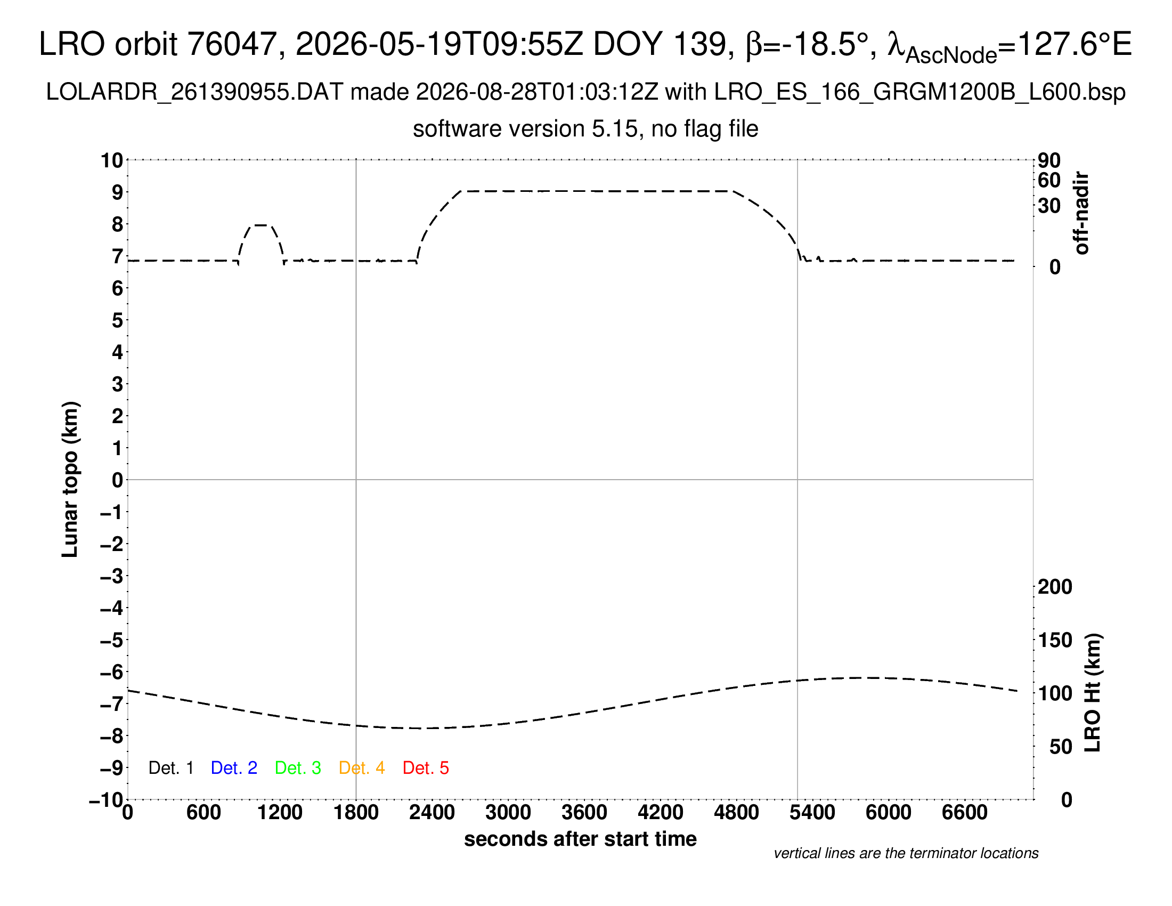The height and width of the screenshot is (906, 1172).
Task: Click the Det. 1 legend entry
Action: click(x=170, y=768)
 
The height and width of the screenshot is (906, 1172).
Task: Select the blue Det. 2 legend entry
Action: click(x=234, y=768)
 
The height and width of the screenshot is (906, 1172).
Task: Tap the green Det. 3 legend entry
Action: click(x=298, y=768)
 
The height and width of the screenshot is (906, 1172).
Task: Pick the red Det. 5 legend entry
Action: click(x=426, y=768)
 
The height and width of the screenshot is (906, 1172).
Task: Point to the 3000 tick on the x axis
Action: click(x=508, y=813)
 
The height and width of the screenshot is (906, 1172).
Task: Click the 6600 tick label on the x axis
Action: click(x=965, y=813)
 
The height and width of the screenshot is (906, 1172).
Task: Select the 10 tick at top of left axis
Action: click(x=112, y=160)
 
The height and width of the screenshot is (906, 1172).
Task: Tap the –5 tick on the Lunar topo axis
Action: click(x=112, y=640)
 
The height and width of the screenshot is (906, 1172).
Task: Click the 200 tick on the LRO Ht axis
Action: click(x=1055, y=587)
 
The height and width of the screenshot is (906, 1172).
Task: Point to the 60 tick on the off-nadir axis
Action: click(x=1049, y=180)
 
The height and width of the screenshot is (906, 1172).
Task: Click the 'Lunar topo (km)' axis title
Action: click(x=70, y=479)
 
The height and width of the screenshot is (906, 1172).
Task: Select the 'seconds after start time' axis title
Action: click(x=580, y=839)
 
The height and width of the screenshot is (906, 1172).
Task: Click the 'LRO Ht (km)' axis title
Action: click(x=1093, y=693)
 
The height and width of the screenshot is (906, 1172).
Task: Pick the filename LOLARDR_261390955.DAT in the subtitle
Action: click(x=194, y=92)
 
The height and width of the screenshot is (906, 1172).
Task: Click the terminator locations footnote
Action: click(x=906, y=853)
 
